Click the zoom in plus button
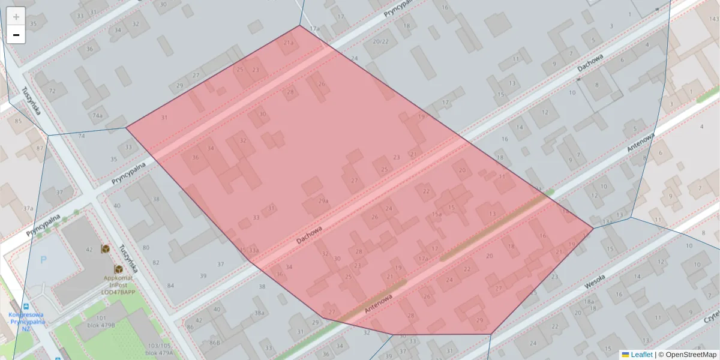[x=16, y=16]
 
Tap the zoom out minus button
[x=16, y=35]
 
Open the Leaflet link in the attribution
[x=641, y=355]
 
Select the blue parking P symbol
[x=43, y=260]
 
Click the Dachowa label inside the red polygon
[x=309, y=235]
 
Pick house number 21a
[x=289, y=43]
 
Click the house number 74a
[x=97, y=115]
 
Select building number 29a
[x=323, y=201]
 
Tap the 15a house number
[x=437, y=214]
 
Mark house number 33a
[x=254, y=250]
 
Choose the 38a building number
[x=259, y=313]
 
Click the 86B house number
[x=215, y=343]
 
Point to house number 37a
[x=28, y=208]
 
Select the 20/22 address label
[x=380, y=41]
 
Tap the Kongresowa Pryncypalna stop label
[x=26, y=318]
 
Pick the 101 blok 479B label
[x=101, y=321]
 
